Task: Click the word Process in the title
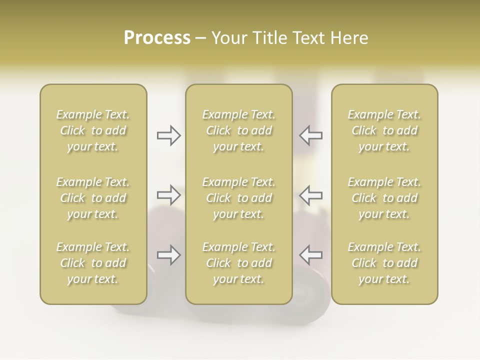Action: pyautogui.click(x=157, y=38)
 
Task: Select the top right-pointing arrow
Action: pyautogui.click(x=169, y=135)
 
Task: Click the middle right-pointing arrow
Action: pyautogui.click(x=169, y=195)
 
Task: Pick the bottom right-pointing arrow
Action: pyautogui.click(x=169, y=255)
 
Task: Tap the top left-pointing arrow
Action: pyautogui.click(x=311, y=135)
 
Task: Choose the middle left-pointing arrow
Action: pyautogui.click(x=311, y=195)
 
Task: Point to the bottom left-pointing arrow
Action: pyautogui.click(x=311, y=255)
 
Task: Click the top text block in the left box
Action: pyautogui.click(x=93, y=130)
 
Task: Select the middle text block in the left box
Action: pyautogui.click(x=93, y=198)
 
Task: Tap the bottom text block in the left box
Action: pyautogui.click(x=93, y=263)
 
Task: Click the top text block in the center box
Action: pyautogui.click(x=239, y=130)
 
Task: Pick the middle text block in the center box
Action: pyautogui.click(x=239, y=198)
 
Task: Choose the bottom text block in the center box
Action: pyautogui.click(x=239, y=263)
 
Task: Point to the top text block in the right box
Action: pyautogui.click(x=384, y=130)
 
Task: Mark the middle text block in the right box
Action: pyautogui.click(x=384, y=198)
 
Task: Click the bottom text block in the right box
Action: pyautogui.click(x=384, y=263)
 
